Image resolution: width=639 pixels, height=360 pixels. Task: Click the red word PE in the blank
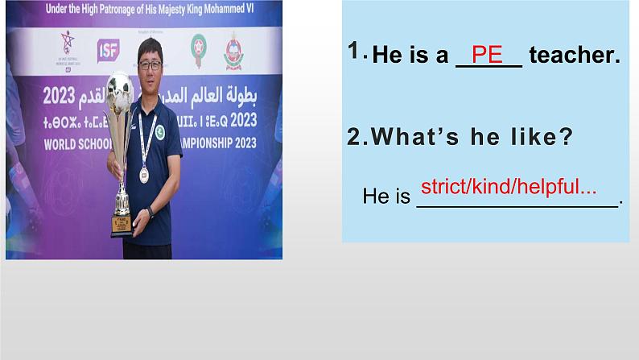pos(488,55)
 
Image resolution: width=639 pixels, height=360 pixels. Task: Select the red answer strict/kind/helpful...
pos(509,187)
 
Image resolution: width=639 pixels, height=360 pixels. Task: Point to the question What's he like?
pos(460,137)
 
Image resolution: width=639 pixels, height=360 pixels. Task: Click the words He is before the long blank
pos(386,196)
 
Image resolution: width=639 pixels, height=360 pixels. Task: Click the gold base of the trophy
pos(122,226)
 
